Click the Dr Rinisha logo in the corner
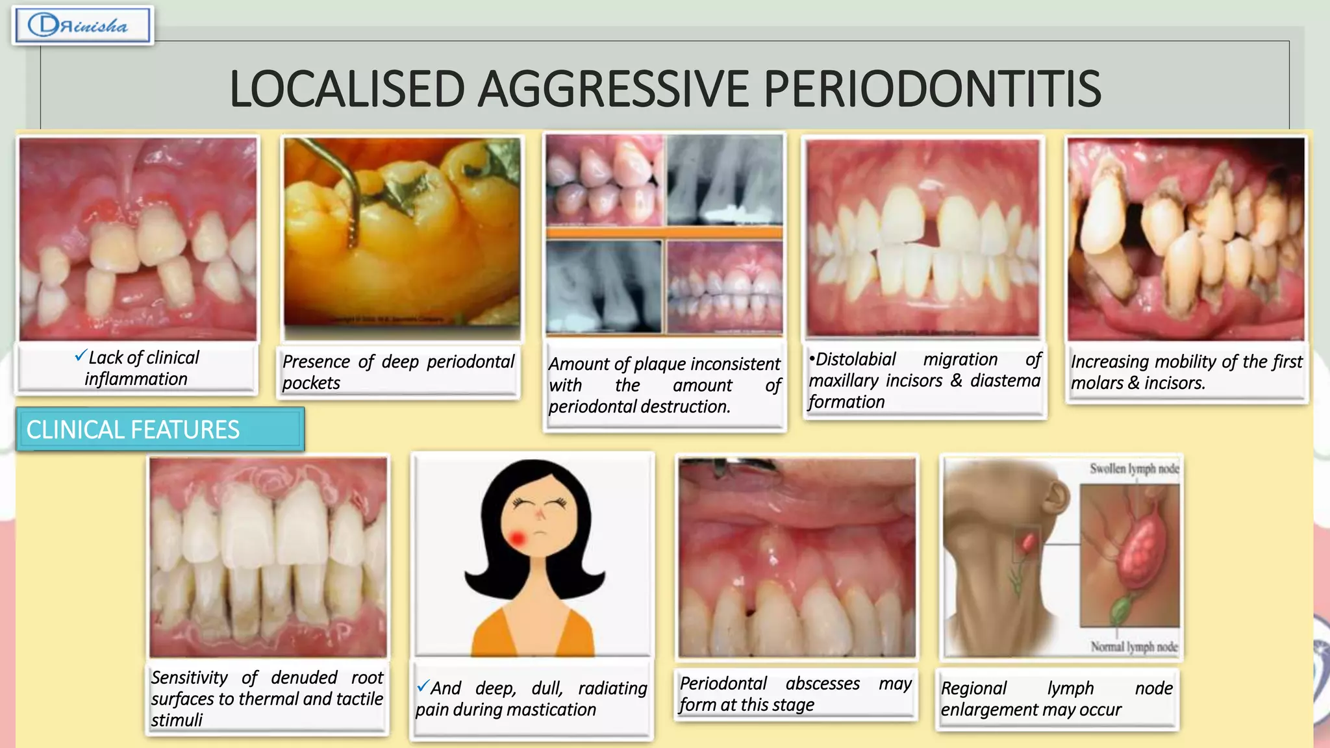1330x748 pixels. [82, 25]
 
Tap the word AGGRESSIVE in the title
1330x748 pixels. [614, 89]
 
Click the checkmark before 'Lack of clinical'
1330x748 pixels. [80, 355]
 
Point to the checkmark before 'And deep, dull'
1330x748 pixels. [423, 686]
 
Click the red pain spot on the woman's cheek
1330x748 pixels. [518, 538]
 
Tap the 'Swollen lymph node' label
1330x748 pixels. [1134, 469]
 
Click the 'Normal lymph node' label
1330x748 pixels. [1134, 647]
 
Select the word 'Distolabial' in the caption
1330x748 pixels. [855, 359]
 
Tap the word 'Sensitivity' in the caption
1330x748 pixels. [190, 677]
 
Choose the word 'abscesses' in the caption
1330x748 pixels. [822, 683]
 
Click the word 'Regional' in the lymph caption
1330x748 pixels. [973, 688]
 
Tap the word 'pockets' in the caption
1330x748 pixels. [311, 383]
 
